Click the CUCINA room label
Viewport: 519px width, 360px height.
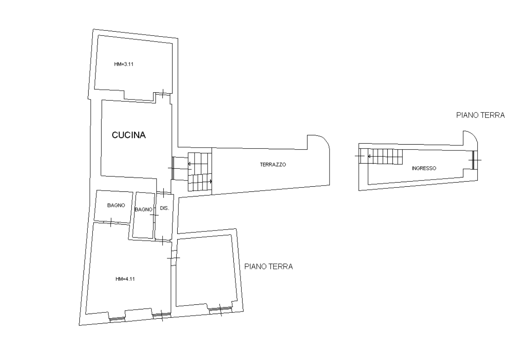(x=129, y=135)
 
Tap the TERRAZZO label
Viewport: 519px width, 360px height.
(x=273, y=164)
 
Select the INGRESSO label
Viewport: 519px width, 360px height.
(x=424, y=168)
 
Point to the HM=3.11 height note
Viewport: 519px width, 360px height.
(x=124, y=64)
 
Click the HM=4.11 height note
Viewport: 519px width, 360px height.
(x=125, y=279)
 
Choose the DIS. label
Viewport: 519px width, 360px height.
(x=165, y=208)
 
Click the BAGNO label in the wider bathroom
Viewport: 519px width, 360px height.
(x=116, y=205)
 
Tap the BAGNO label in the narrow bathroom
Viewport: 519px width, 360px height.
(x=143, y=209)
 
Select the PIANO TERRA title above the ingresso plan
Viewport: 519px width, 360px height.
(x=480, y=115)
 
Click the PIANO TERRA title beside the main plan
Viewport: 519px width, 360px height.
(x=268, y=266)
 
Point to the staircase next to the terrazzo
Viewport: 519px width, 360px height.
(x=200, y=172)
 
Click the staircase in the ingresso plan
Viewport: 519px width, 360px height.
(x=381, y=156)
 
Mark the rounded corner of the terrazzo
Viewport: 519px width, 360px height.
(x=325, y=141)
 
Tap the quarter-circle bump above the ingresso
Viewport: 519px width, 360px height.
(x=473, y=135)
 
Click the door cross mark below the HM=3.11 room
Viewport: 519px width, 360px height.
(x=163, y=94)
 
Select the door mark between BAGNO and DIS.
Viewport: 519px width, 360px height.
(x=154, y=215)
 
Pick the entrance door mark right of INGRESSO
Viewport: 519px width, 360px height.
(x=475, y=160)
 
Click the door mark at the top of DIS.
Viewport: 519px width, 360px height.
(x=164, y=193)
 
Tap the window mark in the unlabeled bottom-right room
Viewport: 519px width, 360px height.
(x=220, y=309)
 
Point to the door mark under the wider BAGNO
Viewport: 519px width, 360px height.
(x=111, y=222)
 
